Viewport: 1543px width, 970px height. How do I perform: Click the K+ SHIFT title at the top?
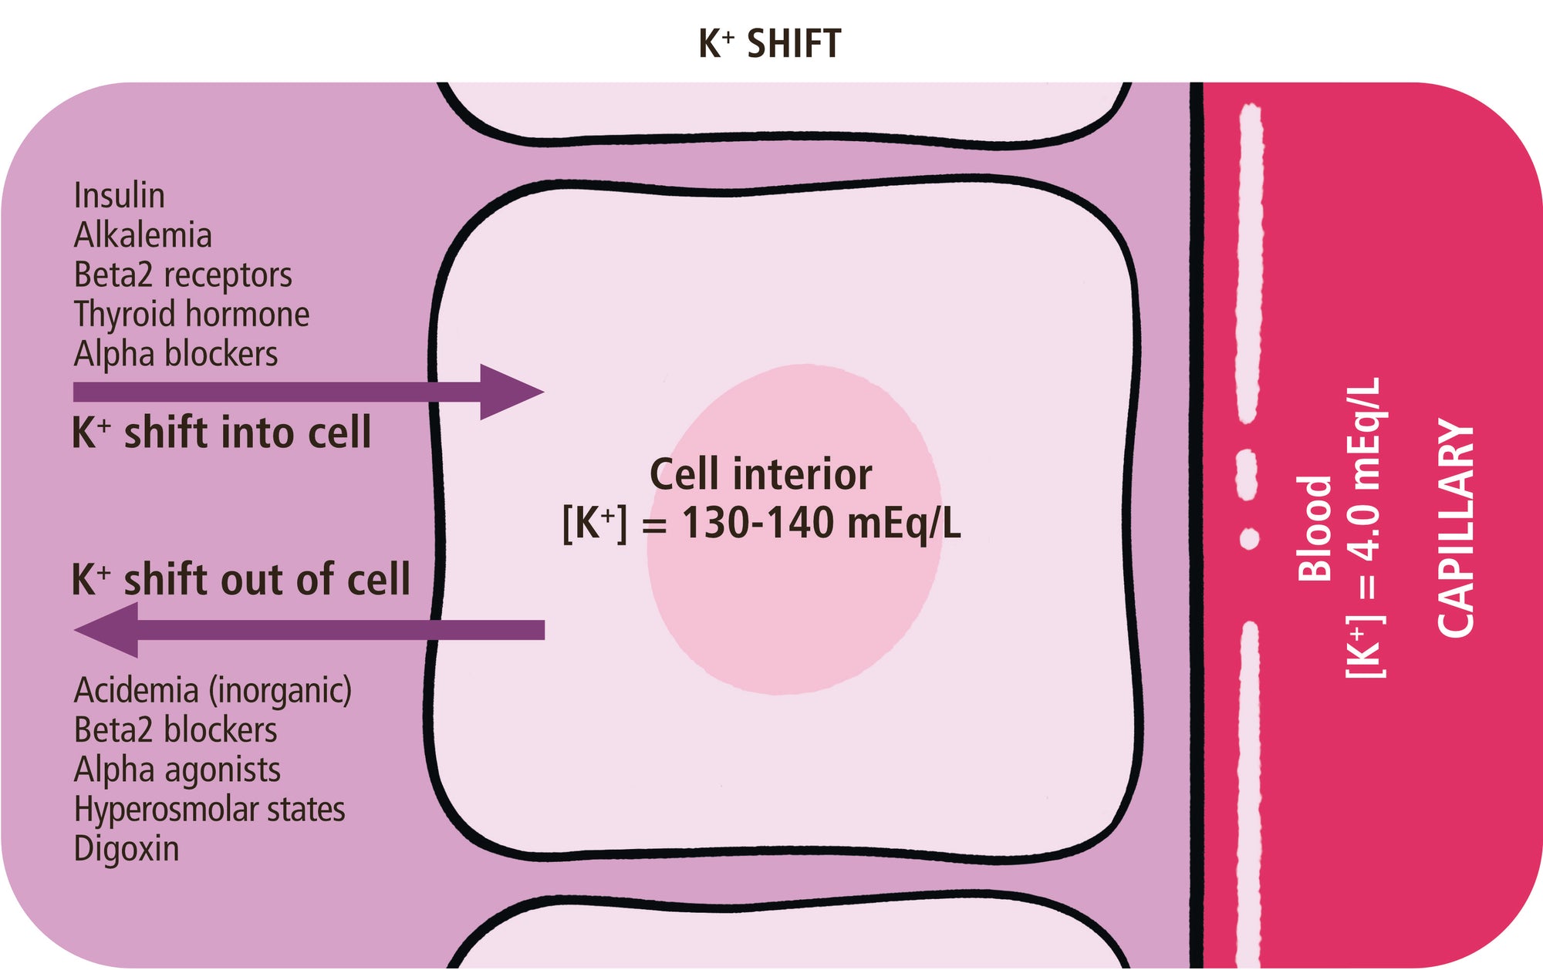click(x=769, y=44)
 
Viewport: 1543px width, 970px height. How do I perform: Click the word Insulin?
click(x=119, y=196)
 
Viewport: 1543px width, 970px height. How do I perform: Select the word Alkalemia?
click(x=143, y=235)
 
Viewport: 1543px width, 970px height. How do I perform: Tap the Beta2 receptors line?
click(x=183, y=275)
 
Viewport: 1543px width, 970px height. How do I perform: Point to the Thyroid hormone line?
click(x=191, y=315)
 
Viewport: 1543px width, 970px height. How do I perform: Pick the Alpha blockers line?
click(x=176, y=354)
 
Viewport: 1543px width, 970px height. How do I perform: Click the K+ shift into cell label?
click(x=221, y=433)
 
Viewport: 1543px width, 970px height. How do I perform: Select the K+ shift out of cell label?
click(x=241, y=579)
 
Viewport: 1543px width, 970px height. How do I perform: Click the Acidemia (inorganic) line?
click(x=212, y=690)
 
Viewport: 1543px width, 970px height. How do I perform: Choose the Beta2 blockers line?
click(x=175, y=730)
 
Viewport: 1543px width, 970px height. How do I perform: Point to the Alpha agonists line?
click(x=177, y=770)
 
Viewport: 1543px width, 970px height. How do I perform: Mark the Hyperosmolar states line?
click(x=209, y=810)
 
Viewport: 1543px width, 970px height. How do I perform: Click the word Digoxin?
click(x=127, y=849)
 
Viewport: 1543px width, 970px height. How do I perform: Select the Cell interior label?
click(x=761, y=473)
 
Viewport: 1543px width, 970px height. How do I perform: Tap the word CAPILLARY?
click(x=1456, y=528)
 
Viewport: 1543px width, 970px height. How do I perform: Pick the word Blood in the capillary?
click(x=1314, y=528)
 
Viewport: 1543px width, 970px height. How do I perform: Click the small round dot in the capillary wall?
click(x=1249, y=538)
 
